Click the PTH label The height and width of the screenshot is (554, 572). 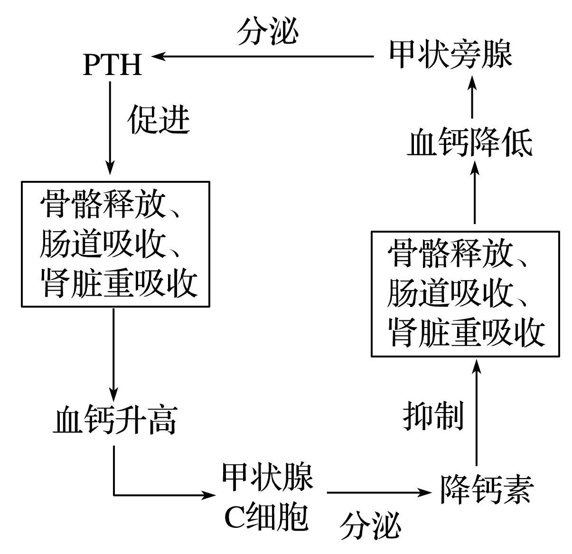113,65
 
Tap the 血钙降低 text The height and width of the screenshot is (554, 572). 469,143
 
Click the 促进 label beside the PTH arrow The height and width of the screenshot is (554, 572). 159,120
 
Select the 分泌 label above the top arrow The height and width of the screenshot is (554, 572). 268,33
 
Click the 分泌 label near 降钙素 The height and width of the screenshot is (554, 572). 370,525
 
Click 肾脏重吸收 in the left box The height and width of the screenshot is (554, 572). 119,283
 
